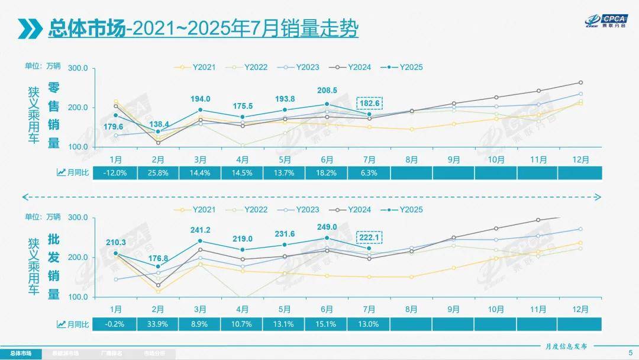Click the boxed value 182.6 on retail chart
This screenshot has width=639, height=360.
370,103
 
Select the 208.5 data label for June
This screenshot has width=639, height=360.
327,91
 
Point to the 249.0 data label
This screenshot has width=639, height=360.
327,227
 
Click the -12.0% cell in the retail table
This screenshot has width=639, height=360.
116,172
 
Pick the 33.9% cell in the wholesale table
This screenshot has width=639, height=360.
158,324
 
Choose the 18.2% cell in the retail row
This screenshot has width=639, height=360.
327,172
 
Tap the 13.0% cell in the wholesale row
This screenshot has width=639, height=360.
369,324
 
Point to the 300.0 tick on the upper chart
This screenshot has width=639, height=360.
78,69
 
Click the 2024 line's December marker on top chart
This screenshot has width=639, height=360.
580,82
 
